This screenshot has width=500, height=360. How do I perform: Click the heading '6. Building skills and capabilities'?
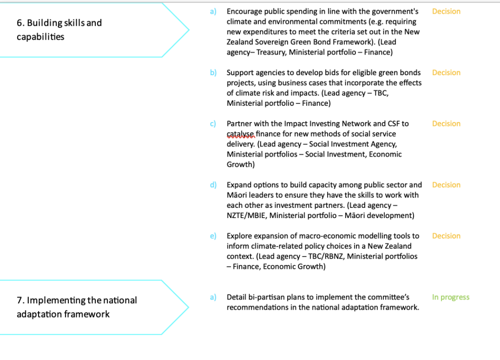[x=59, y=30]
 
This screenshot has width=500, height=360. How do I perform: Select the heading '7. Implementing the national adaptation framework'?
[x=77, y=307]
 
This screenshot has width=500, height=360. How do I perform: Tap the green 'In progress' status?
[x=450, y=297]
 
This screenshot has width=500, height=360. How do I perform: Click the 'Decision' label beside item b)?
[x=446, y=73]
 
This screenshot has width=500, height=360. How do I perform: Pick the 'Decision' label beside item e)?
[x=446, y=236]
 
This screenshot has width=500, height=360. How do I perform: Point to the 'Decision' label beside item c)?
[x=446, y=123]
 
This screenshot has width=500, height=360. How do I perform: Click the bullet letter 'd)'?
[x=213, y=185]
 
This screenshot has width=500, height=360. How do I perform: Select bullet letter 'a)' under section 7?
[x=213, y=297]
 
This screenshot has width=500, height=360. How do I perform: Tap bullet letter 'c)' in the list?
[x=213, y=123]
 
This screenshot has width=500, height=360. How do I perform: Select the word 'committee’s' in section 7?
[x=388, y=297]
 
